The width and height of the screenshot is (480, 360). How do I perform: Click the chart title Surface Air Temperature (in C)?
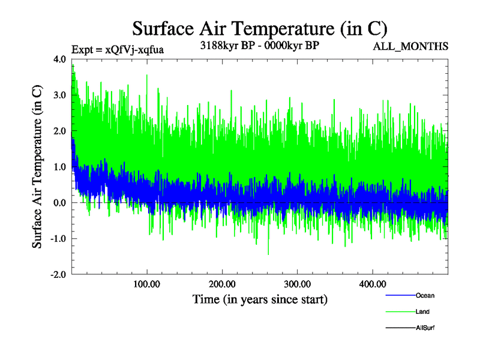[x=259, y=28]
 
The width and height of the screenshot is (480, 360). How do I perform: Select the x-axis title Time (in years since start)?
[x=259, y=298]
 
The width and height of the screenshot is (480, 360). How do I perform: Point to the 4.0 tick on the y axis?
[x=61, y=59]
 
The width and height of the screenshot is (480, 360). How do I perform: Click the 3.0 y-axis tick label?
[x=61, y=95]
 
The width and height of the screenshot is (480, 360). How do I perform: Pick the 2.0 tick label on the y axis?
[x=61, y=131]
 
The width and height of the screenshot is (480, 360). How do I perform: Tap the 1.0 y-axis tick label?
[x=61, y=167]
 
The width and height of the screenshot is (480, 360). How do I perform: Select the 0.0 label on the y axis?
[x=61, y=203]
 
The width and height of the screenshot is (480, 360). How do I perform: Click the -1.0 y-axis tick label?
[x=59, y=239]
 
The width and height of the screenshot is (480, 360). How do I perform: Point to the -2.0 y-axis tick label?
[x=59, y=275]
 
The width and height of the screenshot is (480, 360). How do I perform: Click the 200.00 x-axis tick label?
[x=222, y=284]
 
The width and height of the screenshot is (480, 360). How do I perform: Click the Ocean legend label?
[x=425, y=296]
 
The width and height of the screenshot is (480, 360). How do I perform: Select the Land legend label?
[x=422, y=312]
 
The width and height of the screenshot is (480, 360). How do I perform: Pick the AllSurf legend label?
[x=425, y=328]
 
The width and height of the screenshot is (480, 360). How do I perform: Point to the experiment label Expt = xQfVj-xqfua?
[x=118, y=49]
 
